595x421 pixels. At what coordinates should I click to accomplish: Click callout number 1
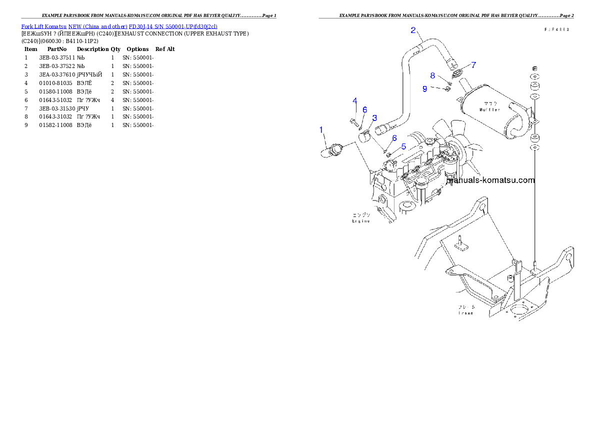pos(321,130)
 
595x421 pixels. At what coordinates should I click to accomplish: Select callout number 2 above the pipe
pos(413,30)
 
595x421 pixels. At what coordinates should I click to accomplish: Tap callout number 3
pos(374,118)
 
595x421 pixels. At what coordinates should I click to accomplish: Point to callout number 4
pos(354,100)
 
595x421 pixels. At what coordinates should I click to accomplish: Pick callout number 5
pos(403,146)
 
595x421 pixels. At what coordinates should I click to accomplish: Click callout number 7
pos(473,64)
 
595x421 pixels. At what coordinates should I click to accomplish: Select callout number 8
pos(432,75)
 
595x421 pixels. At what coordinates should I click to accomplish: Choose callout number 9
pos(424,88)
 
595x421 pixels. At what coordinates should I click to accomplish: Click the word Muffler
pos(489,109)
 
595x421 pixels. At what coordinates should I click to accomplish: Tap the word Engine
pos(360,220)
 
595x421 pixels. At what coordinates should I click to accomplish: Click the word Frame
pos(465,313)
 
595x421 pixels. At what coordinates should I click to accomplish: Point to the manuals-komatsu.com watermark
pos(491,180)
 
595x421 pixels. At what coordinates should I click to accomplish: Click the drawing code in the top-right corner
pos(556,30)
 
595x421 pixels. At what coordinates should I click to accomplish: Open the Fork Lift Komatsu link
pos(44,26)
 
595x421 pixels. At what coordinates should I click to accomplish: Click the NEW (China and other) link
pos(97,26)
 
